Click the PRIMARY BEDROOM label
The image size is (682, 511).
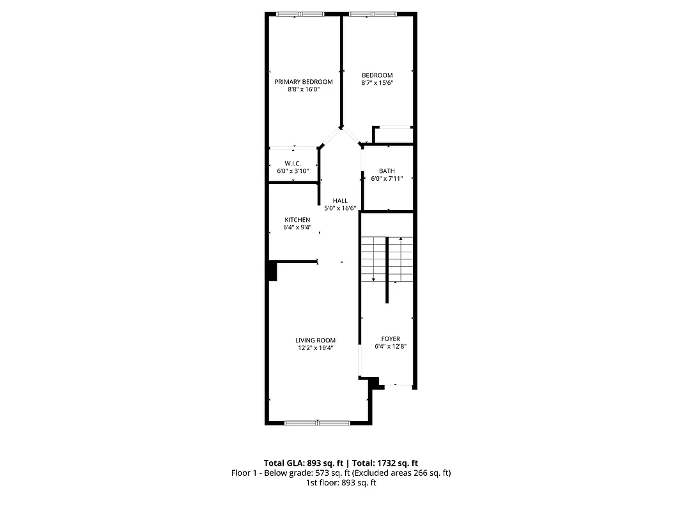pyautogui.click(x=304, y=82)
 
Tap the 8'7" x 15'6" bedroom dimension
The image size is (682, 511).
pyautogui.click(x=376, y=82)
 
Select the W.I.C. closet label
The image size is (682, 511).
pyautogui.click(x=293, y=164)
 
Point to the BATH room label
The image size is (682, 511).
pyautogui.click(x=387, y=171)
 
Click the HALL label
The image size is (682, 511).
pyautogui.click(x=340, y=201)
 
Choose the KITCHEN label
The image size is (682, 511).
pyautogui.click(x=297, y=220)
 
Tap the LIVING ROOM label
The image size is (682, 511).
pyautogui.click(x=315, y=340)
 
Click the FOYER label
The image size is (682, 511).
pyautogui.click(x=391, y=339)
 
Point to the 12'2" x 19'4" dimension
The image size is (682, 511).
pyautogui.click(x=315, y=348)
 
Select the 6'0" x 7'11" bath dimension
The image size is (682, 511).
pyautogui.click(x=387, y=179)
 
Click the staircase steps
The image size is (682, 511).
pyautogui.click(x=387, y=259)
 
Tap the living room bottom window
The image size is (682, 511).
pyautogui.click(x=317, y=422)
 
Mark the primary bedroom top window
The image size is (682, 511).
pyautogui.click(x=300, y=13)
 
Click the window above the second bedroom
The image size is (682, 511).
pyautogui.click(x=373, y=13)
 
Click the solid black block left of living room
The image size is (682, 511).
pyautogui.click(x=272, y=271)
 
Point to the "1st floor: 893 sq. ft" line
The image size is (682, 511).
pyautogui.click(x=341, y=483)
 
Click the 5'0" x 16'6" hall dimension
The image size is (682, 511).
pyautogui.click(x=340, y=208)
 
